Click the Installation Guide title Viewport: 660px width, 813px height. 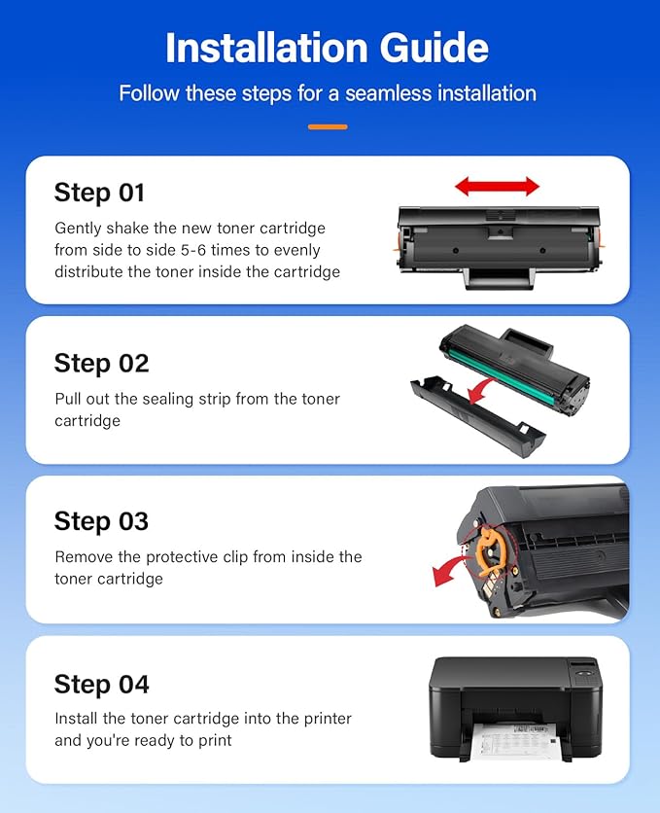coord(327,48)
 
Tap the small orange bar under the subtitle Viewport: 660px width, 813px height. coord(328,126)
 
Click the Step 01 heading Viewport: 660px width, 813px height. coord(99,193)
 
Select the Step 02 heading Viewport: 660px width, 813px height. coord(101,364)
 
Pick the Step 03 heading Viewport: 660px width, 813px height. coord(101,521)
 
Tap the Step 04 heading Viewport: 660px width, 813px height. coord(101,685)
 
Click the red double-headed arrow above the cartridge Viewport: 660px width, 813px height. coord(497,186)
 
